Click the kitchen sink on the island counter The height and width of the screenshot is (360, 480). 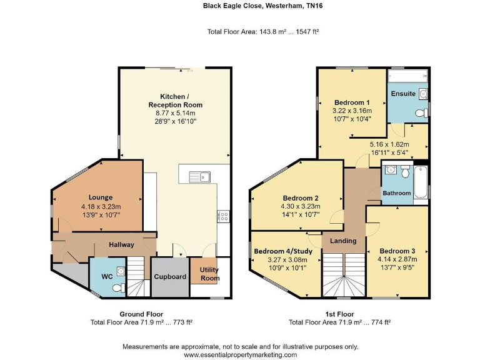coord(202,174)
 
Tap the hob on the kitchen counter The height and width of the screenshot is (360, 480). coord(223,216)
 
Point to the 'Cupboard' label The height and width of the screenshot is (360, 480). coord(169,276)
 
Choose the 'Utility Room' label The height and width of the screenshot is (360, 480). coord(209,274)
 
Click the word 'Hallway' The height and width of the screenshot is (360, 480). coord(121,244)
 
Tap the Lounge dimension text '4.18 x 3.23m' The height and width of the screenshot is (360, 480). coord(100,206)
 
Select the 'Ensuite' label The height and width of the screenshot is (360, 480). coord(402,94)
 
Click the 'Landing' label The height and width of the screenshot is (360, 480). coord(343,241)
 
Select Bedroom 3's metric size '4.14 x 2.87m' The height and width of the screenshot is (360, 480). coord(397,259)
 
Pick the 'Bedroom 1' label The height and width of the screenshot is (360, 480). coord(352,102)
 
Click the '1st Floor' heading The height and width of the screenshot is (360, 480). coord(339,314)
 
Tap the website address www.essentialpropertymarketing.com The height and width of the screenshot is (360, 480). coord(239,354)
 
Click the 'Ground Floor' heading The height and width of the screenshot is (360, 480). coord(141,314)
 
